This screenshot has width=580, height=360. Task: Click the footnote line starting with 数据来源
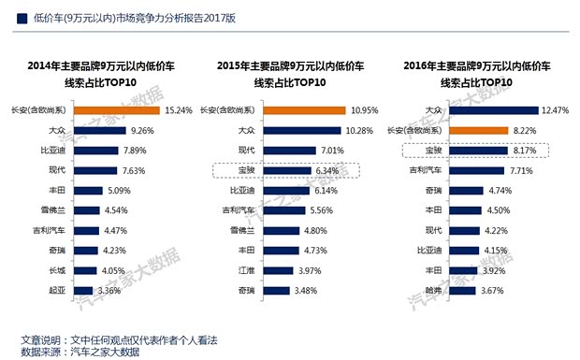[80, 352]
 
